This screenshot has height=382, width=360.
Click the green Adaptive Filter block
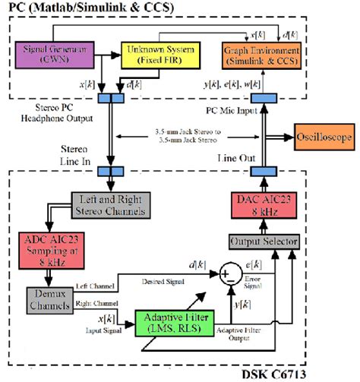pos(175,323)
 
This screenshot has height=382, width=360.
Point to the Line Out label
pos(241,157)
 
